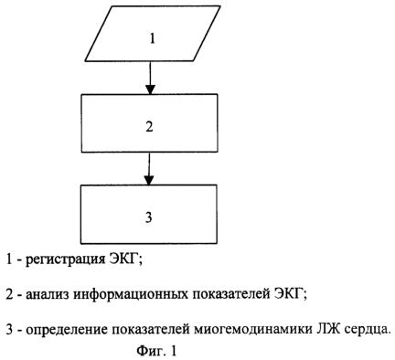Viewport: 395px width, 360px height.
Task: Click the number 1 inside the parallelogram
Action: pyautogui.click(x=153, y=38)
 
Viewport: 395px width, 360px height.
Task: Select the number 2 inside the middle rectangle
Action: pyautogui.click(x=149, y=127)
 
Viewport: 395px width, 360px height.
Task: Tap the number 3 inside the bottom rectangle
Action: pyautogui.click(x=149, y=217)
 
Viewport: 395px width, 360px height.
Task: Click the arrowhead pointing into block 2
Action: pyautogui.click(x=150, y=90)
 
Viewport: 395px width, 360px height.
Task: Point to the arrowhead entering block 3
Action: pyautogui.click(x=149, y=180)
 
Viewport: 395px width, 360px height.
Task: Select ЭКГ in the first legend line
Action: pyautogui.click(x=125, y=259)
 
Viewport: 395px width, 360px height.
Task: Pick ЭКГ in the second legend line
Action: pyautogui.click(x=290, y=294)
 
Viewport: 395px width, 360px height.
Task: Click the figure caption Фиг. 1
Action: pyautogui.click(x=156, y=351)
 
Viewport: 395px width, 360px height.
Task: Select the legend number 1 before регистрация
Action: pyautogui.click(x=9, y=259)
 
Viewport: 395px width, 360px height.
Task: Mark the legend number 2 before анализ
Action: pyautogui.click(x=9, y=294)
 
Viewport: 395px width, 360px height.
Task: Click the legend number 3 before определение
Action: pyautogui.click(x=9, y=330)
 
